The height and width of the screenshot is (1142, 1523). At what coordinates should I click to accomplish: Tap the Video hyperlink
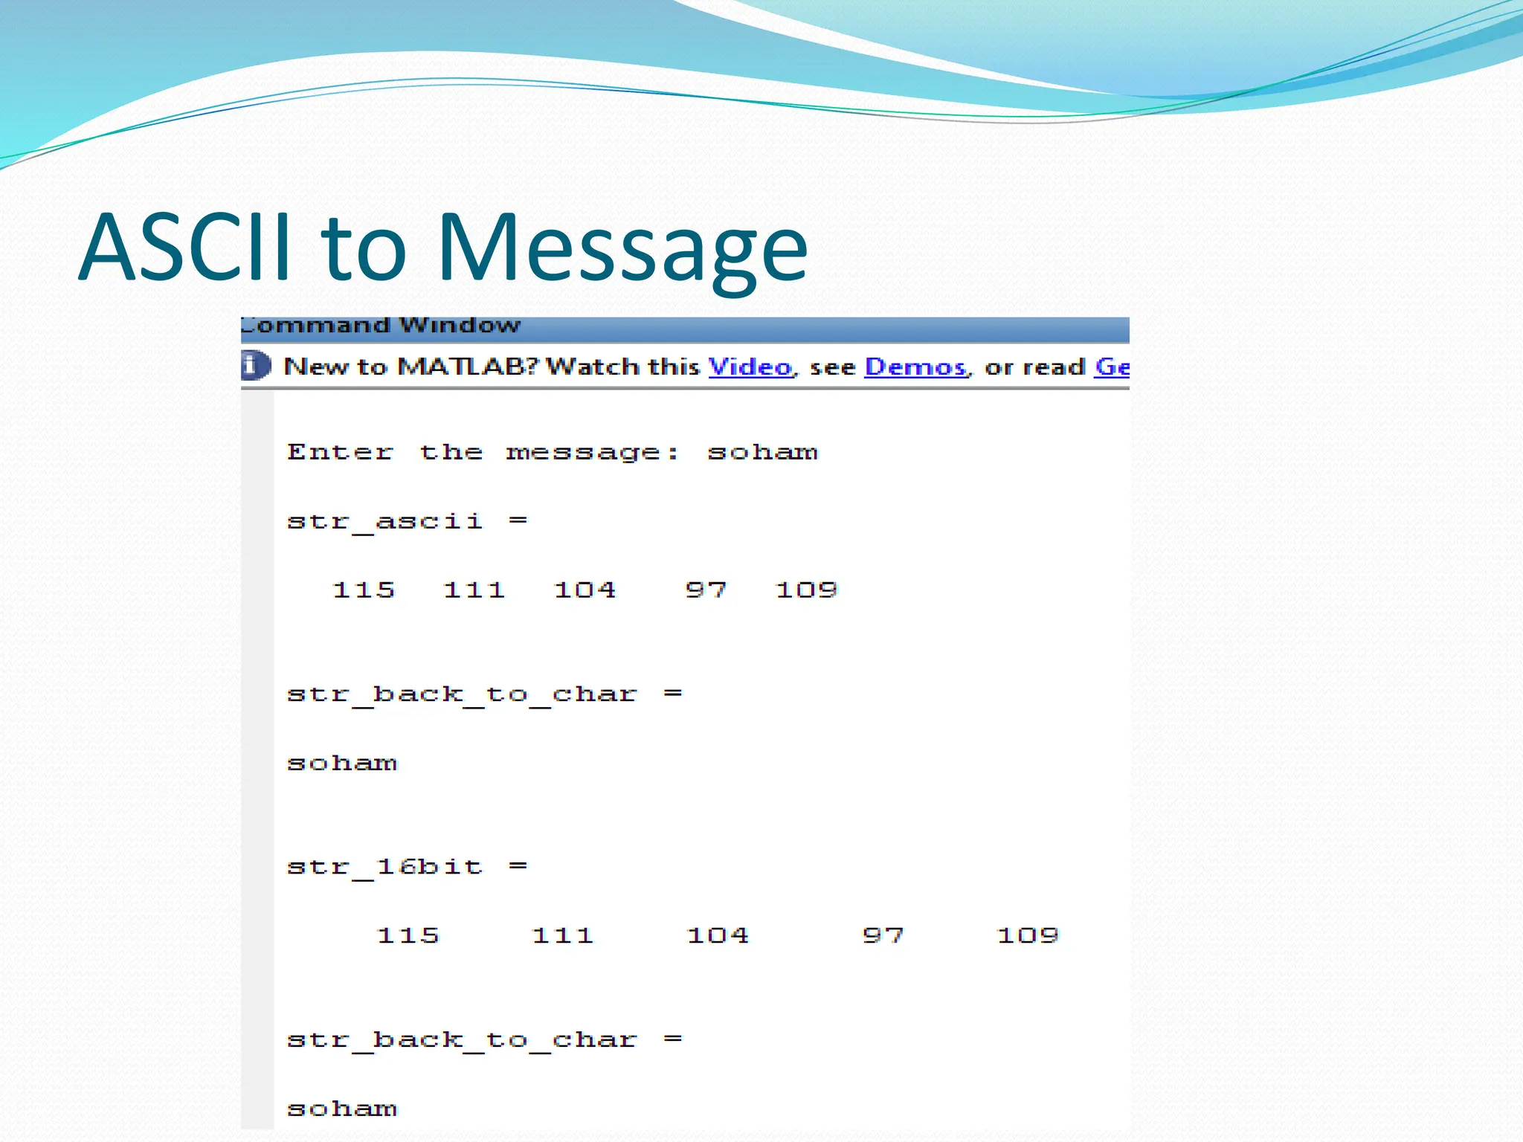click(750, 367)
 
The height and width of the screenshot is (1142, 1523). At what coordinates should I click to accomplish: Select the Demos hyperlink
click(915, 367)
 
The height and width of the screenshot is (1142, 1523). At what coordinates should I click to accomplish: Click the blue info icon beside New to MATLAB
click(255, 365)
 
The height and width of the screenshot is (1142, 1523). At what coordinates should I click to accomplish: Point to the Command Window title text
click(381, 326)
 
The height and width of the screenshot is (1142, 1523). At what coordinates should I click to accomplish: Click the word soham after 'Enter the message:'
click(762, 452)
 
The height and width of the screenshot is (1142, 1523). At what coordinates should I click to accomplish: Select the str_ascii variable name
click(384, 521)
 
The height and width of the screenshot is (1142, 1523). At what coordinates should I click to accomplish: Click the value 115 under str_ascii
click(363, 590)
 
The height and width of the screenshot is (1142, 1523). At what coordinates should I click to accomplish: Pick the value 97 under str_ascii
click(705, 590)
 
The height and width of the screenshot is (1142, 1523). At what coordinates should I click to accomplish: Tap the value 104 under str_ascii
click(585, 590)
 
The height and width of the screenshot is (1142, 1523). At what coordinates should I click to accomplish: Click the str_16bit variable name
click(384, 867)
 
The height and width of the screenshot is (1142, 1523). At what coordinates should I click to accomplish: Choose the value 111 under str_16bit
click(562, 935)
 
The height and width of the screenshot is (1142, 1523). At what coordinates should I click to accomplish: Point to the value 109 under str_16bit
click(1027, 935)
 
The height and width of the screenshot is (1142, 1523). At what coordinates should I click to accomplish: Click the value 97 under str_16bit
click(883, 935)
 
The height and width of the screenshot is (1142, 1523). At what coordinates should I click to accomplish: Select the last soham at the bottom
click(342, 1109)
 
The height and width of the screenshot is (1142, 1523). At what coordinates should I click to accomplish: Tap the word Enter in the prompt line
click(340, 452)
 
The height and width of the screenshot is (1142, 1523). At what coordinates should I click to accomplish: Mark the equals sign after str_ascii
click(518, 520)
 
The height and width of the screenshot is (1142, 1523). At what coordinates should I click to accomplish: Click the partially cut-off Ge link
click(1112, 367)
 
